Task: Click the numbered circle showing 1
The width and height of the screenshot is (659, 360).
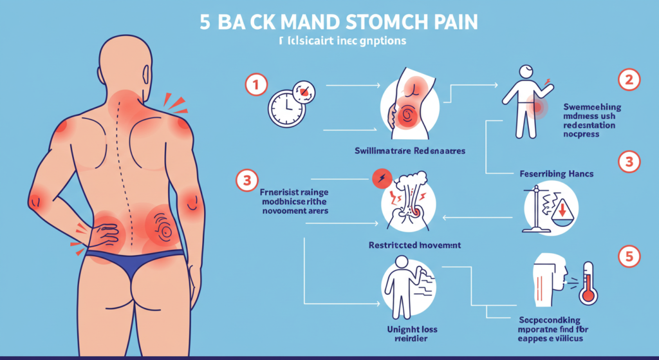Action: pos(255,84)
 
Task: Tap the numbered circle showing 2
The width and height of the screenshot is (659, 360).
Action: pos(627,81)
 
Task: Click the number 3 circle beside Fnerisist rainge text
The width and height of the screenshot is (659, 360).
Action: pos(246,181)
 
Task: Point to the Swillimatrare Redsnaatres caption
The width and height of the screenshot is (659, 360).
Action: pos(409,151)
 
